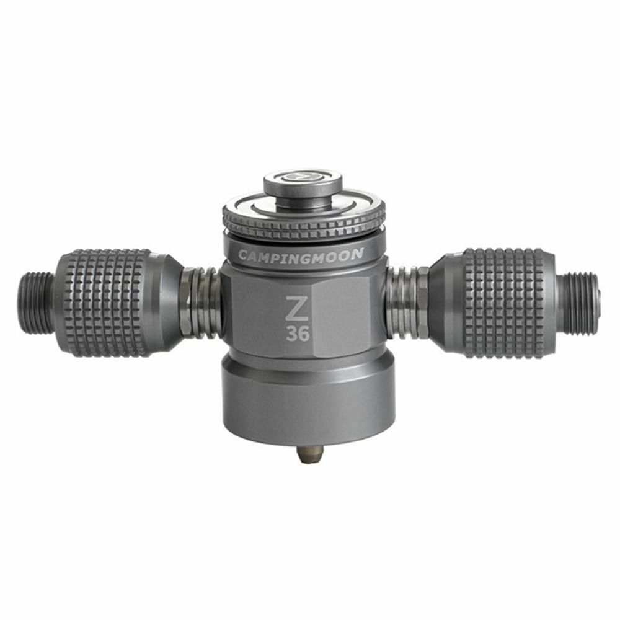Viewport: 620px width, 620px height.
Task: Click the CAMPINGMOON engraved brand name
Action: tap(301, 254)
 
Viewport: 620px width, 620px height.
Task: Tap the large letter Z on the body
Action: tap(298, 308)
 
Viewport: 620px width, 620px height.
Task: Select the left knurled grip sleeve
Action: tap(106, 303)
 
